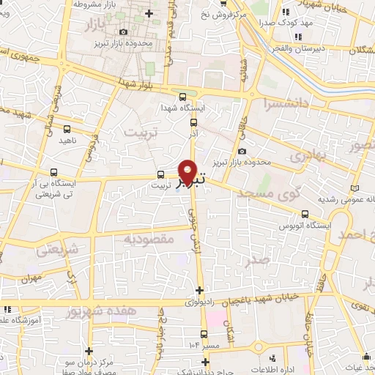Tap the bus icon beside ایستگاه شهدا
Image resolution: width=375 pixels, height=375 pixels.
pyautogui.click(x=182, y=96)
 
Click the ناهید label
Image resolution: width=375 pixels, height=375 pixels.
pyautogui.click(x=67, y=139)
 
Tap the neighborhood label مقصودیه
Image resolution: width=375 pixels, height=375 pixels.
pyautogui.click(x=147, y=239)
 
